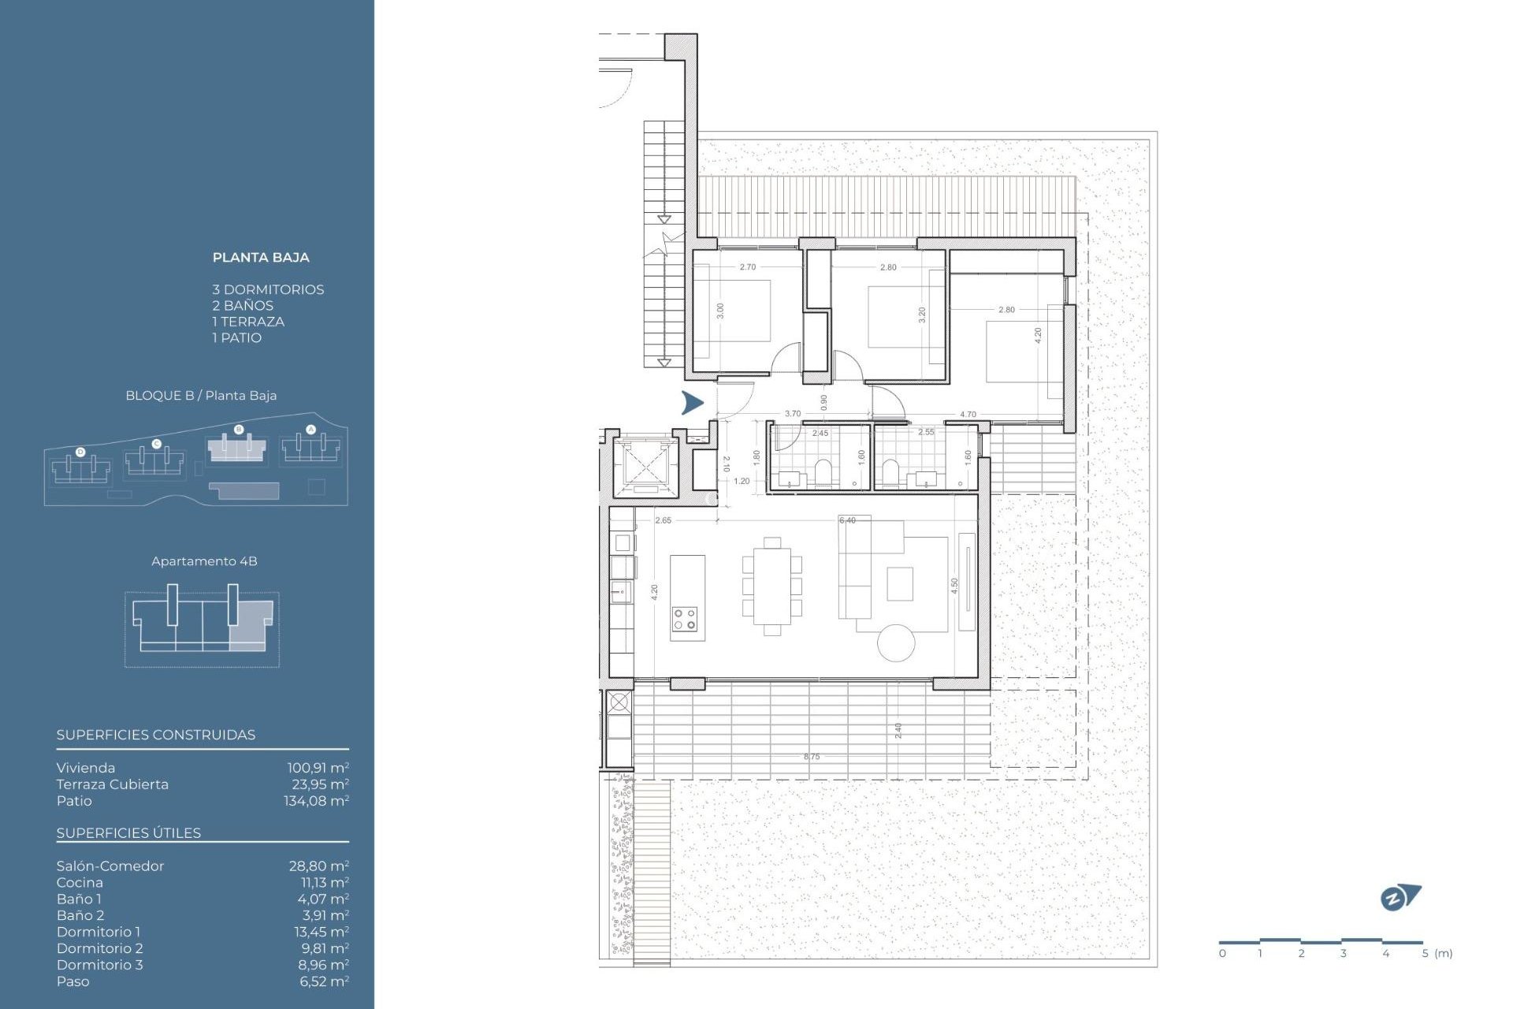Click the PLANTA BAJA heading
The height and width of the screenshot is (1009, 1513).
[x=261, y=258]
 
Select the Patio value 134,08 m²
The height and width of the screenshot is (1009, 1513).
[x=316, y=801]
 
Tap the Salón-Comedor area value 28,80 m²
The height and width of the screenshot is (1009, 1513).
[x=318, y=866]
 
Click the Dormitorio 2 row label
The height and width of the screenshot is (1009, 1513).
[x=99, y=948]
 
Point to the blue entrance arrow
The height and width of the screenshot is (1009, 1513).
[x=692, y=403]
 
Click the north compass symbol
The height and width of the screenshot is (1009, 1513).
[x=1400, y=897]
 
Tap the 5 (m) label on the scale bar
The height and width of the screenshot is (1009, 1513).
[x=1437, y=954]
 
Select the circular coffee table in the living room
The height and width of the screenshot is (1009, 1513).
[x=896, y=642]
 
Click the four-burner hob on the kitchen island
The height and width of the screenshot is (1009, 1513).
[x=685, y=619]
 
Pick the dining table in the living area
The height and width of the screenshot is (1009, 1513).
[x=772, y=586]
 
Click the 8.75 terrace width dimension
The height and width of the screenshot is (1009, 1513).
[x=812, y=757]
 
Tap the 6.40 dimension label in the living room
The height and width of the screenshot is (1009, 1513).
[x=847, y=520]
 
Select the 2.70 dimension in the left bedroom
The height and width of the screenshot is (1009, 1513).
[x=747, y=267]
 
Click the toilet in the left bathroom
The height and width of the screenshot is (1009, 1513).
[x=823, y=471]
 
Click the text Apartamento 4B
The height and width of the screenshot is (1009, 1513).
[x=204, y=561]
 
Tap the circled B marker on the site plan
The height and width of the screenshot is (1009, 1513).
[x=239, y=430]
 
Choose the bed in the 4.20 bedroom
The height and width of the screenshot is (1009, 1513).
[x=1021, y=352]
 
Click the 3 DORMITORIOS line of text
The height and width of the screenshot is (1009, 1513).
[x=268, y=290]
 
